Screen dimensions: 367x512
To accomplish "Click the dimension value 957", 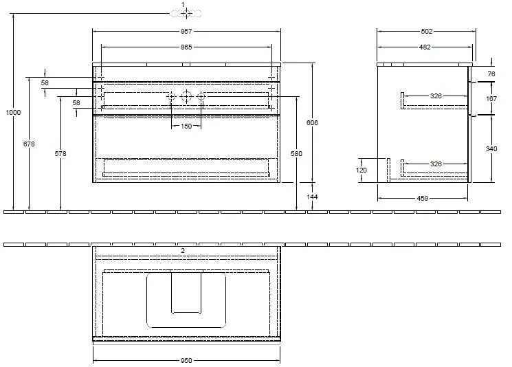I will (186, 31).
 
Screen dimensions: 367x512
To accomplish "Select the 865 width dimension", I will (186, 47).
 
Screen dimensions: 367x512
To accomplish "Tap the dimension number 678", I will (29, 144).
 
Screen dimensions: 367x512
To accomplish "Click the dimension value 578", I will (60, 154).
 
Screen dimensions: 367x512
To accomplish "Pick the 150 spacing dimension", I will (186, 126).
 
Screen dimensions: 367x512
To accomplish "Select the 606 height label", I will (313, 122).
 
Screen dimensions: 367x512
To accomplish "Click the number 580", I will (297, 154).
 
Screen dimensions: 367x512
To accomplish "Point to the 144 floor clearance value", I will (313, 197).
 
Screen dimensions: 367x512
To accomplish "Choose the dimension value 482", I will (425, 47).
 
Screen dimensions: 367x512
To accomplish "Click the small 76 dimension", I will (491, 74).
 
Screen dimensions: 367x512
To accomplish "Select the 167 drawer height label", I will (491, 98).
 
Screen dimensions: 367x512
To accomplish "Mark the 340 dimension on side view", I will (491, 148).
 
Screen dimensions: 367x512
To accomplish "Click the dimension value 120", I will (362, 170).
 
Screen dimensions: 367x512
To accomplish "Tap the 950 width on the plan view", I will (186, 359).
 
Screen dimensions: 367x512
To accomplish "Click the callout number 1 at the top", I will (183, 5).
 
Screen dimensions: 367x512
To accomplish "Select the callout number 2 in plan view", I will (183, 251).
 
